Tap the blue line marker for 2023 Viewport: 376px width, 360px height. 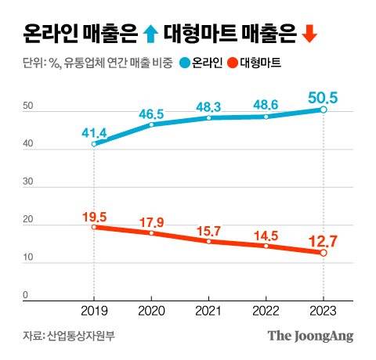[324, 110]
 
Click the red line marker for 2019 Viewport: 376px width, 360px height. [94, 227]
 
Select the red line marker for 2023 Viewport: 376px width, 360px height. [324, 253]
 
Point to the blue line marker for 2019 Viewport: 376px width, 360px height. [94, 144]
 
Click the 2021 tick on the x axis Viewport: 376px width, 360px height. [208, 310]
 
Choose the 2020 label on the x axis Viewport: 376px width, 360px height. [151, 310]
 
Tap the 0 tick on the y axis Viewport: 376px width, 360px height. [25, 295]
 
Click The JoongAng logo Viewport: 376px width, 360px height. [311, 336]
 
